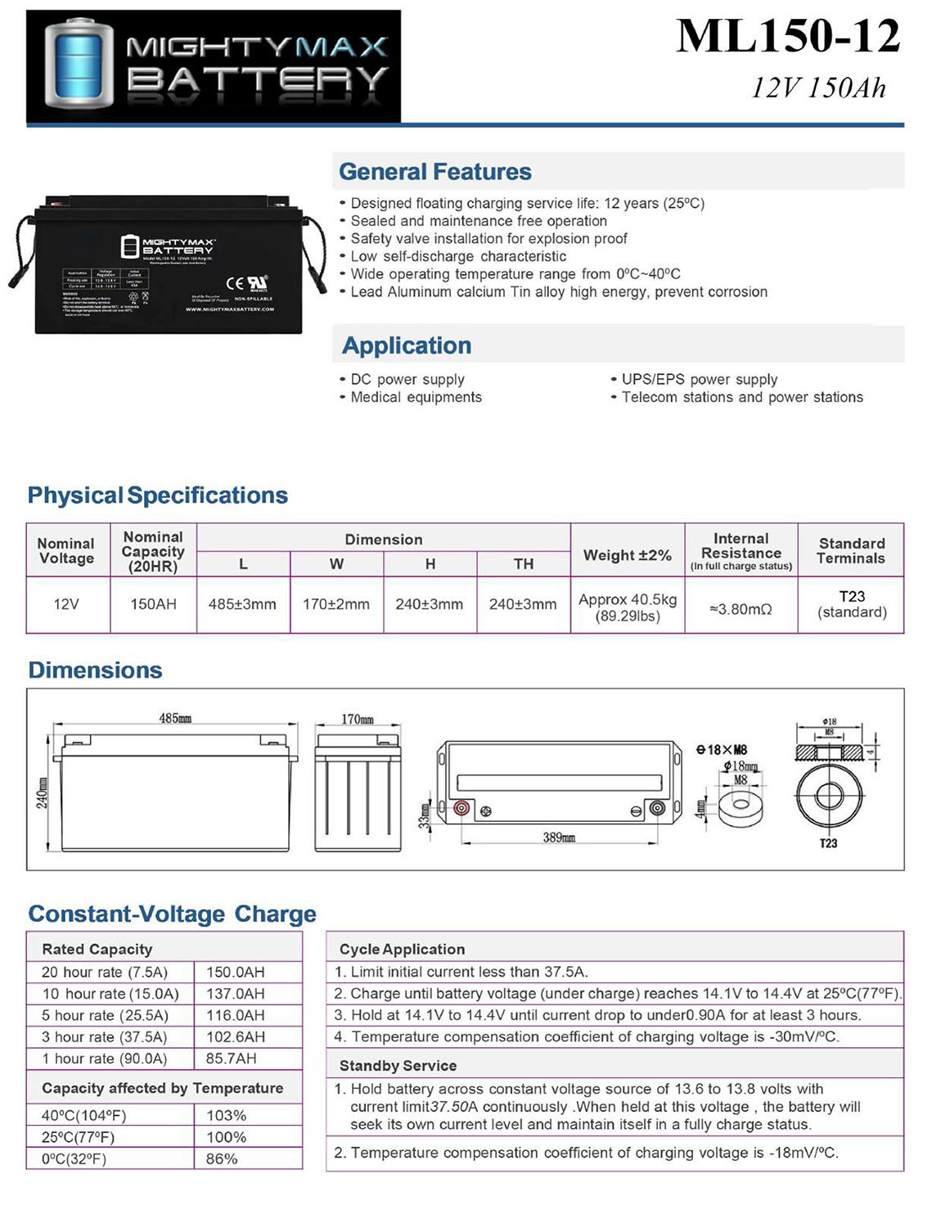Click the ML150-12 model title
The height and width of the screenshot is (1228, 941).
coord(787,37)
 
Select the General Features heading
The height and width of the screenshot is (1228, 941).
coord(434,172)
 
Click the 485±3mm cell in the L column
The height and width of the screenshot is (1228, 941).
coord(242,604)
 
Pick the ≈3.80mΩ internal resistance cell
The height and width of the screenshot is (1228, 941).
coord(741,609)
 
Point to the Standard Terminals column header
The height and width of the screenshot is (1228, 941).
coord(851,551)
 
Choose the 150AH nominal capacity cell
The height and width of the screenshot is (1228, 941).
coord(153,604)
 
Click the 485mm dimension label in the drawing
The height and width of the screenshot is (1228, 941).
coord(175,718)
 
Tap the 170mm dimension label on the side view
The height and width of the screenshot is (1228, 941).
coord(358,719)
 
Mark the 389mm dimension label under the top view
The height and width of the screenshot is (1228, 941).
coord(559,837)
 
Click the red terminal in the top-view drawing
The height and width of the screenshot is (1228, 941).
coord(461,808)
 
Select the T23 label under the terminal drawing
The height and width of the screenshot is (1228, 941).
coord(828,843)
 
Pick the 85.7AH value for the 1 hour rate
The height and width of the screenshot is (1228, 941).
coord(231,1059)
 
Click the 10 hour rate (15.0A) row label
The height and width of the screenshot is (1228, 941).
coord(110,994)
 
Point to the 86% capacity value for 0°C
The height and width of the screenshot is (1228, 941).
coord(222,1159)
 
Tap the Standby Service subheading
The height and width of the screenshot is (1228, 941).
coord(398,1066)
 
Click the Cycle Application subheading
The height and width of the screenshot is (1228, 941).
coord(402,950)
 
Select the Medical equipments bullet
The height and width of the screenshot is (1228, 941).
coord(416,397)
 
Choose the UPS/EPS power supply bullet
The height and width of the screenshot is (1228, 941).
coord(699,379)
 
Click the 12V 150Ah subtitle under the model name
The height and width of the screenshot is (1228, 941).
coord(818,88)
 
